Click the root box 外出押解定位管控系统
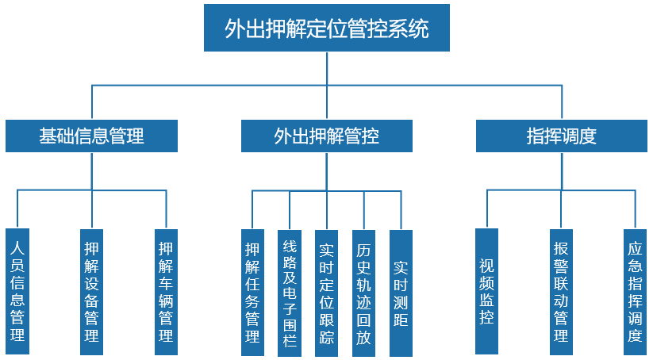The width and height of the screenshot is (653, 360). point(327,29)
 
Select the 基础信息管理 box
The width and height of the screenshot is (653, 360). point(91,136)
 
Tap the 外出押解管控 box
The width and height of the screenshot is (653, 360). point(327,136)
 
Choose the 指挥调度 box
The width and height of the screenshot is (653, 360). point(562,136)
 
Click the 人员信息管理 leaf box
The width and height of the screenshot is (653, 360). point(17,292)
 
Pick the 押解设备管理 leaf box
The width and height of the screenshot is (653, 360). point(92,292)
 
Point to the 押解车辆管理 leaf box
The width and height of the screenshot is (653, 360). point(166,292)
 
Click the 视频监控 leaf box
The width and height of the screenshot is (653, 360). point(487,291)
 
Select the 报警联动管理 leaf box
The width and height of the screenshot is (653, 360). point(562,291)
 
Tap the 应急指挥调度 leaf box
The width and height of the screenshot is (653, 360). point(635,291)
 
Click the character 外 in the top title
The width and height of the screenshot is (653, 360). point(234,29)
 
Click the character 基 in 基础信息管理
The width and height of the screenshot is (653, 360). point(48,136)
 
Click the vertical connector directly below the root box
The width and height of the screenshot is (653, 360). point(327,68)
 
